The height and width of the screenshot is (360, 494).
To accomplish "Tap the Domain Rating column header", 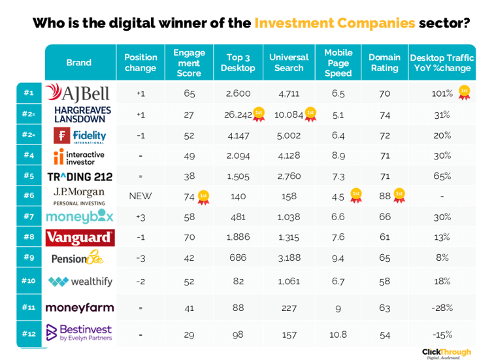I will point(384,63).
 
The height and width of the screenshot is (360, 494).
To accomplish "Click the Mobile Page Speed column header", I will point(338,63).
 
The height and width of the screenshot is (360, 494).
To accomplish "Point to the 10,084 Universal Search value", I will point(288,114).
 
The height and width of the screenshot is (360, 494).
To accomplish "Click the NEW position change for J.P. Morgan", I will point(140,195).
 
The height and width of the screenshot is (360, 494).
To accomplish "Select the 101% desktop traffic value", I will point(442,93).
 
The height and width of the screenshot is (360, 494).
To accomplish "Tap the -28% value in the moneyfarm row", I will point(442,306).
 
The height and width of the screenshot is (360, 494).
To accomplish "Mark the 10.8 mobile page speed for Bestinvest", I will point(338,335).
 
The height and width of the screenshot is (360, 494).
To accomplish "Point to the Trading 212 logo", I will point(80,176).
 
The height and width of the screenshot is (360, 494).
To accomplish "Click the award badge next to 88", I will point(399,194).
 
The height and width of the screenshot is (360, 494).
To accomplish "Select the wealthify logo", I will point(80,282).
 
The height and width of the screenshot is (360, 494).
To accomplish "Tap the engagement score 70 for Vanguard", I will point(189,237).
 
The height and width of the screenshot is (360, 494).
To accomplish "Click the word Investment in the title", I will point(293,23).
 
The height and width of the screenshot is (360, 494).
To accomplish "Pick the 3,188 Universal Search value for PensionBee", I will point(288,258).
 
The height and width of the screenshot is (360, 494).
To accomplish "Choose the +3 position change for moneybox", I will point(140,216).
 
